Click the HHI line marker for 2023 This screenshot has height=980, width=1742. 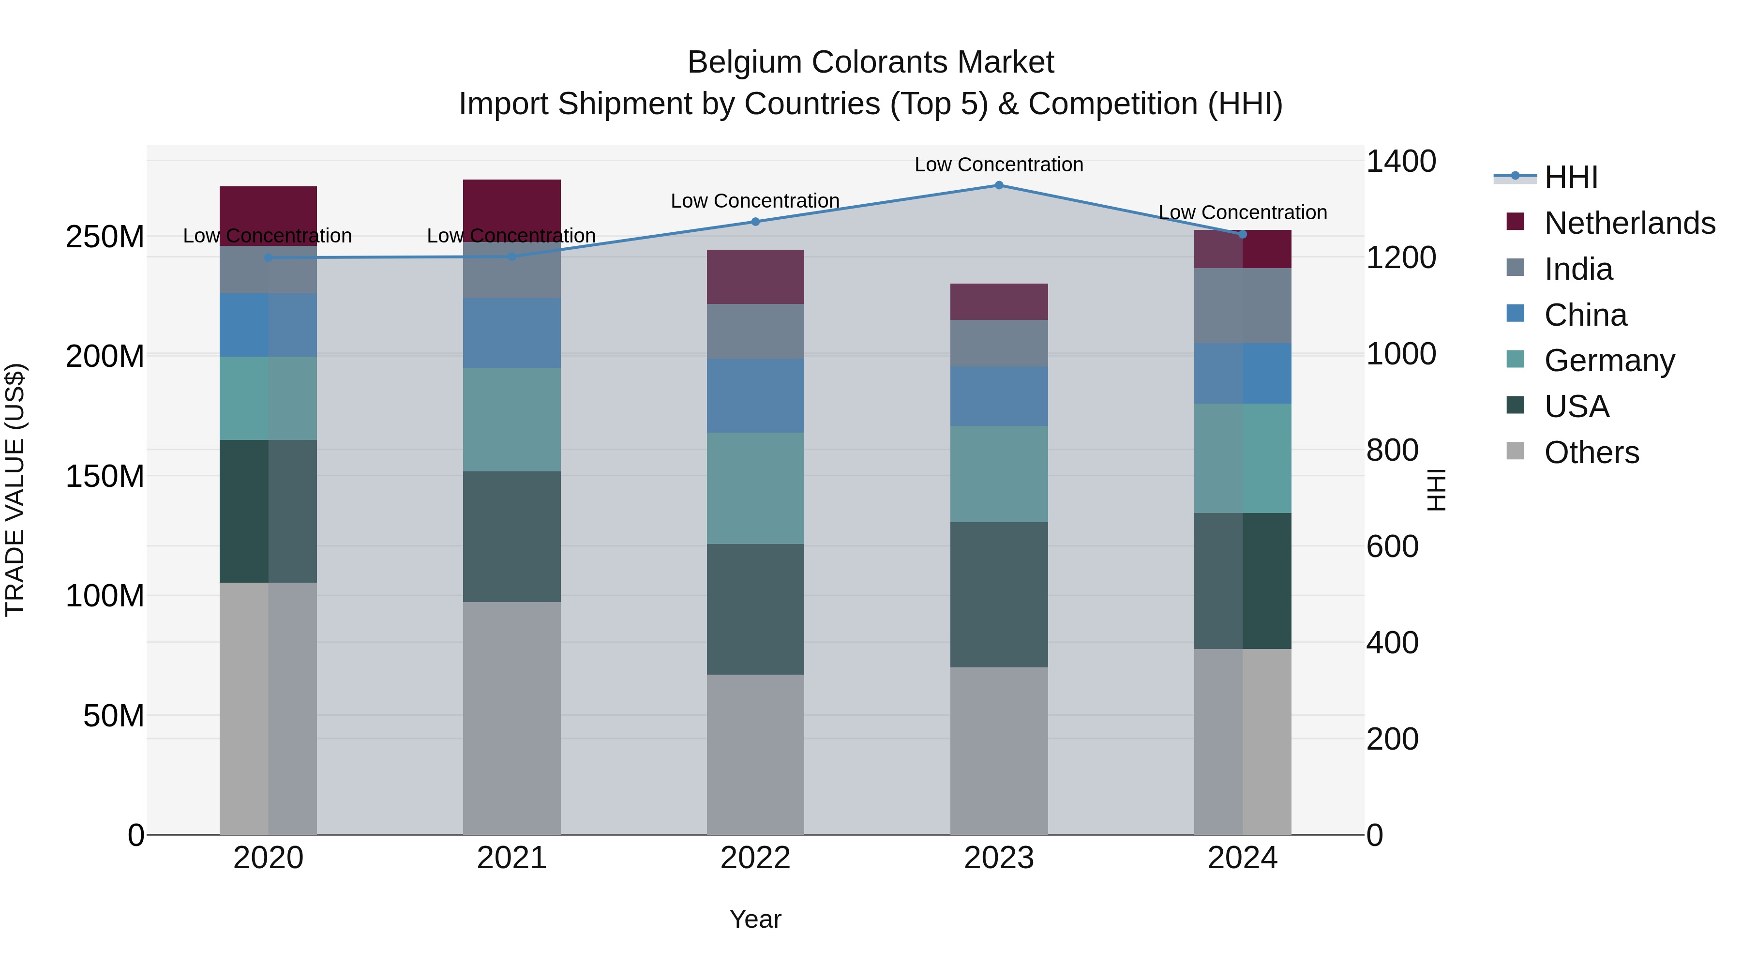click(999, 185)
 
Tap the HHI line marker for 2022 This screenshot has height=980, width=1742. click(755, 222)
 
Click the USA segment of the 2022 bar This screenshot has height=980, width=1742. click(755, 609)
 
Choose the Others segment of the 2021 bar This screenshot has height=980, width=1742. click(512, 718)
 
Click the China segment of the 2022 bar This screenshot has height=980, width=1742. click(755, 396)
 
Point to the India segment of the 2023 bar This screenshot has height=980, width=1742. click(999, 344)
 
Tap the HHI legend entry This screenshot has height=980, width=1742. click(1571, 177)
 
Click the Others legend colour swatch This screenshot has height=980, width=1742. click(1516, 451)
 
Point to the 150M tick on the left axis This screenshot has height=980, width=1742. click(105, 476)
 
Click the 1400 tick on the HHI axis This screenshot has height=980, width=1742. click(1400, 162)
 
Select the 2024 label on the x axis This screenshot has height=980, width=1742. click(1242, 858)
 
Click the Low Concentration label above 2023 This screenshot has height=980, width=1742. click(999, 165)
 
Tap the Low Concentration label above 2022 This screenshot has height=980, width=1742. click(755, 201)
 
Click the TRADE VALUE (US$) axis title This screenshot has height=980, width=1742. click(15, 490)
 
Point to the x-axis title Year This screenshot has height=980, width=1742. click(755, 919)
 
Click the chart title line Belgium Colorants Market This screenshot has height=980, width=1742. click(871, 62)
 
